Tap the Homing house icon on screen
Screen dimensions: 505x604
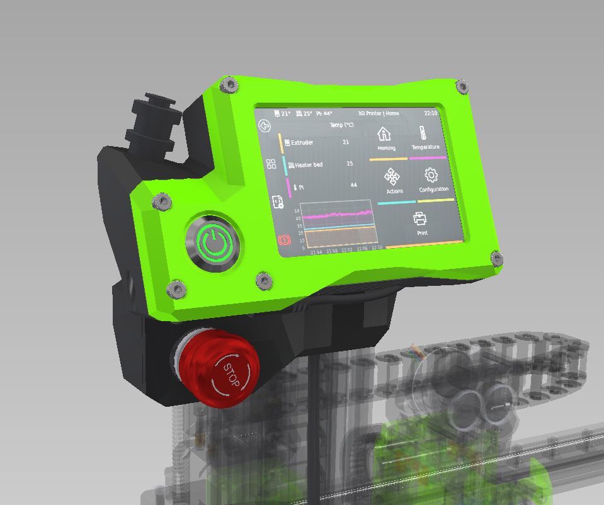(384, 134)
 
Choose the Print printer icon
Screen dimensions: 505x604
(421, 218)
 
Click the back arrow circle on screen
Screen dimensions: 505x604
(265, 126)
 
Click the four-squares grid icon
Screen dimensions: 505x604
(271, 164)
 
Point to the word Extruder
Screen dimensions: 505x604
(302, 143)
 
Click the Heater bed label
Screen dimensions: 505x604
(309, 164)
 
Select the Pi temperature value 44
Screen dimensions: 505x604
(353, 185)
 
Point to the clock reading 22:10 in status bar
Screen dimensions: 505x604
(431, 114)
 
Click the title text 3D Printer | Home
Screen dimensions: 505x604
(379, 114)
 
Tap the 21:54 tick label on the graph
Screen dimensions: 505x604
(316, 251)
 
